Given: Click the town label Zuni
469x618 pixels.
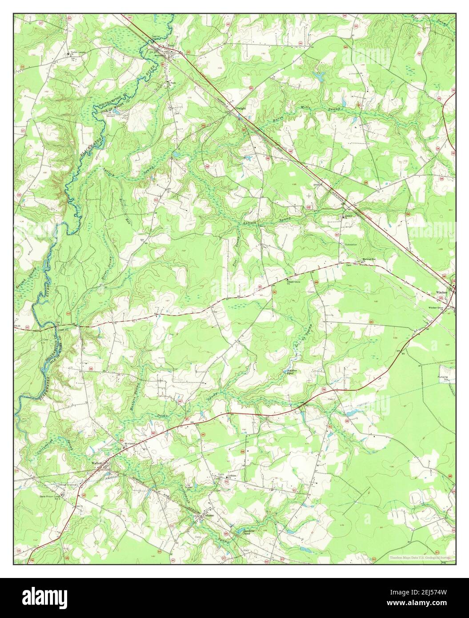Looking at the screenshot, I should [171, 45].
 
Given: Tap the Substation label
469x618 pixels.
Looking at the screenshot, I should [351, 245].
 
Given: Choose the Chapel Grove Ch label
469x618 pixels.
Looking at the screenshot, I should [294, 282].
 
